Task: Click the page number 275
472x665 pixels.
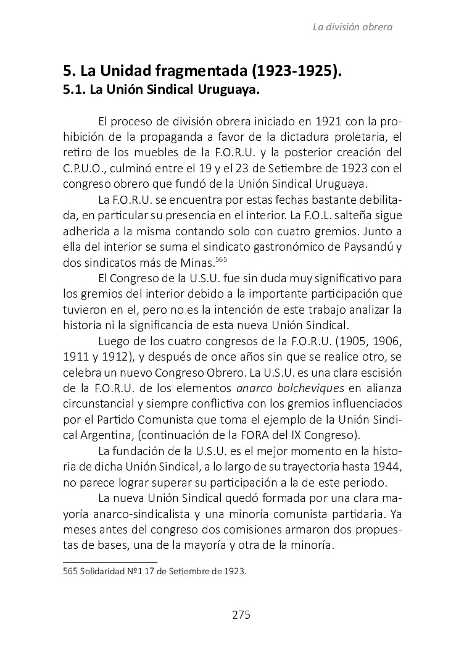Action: tap(241, 614)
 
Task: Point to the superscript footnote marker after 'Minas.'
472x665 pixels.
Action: tap(223, 258)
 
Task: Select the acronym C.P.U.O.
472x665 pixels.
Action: tap(83, 167)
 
